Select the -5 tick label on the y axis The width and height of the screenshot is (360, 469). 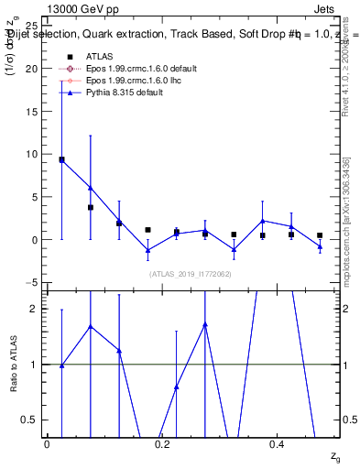point(33,282)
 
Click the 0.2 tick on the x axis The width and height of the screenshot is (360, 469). point(163,444)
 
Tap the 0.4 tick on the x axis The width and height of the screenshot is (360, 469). point(278,444)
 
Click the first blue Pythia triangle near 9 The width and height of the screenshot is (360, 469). point(61,159)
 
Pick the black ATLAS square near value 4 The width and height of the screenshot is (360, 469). point(91,208)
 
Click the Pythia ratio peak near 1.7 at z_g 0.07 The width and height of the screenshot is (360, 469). point(91,326)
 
